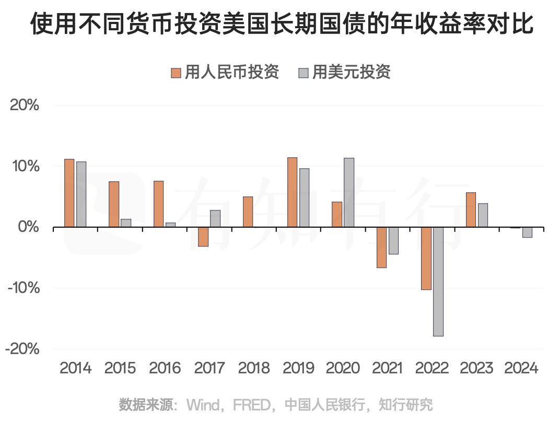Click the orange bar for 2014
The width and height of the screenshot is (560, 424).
(x=69, y=193)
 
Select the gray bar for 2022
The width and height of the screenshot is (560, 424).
(x=438, y=281)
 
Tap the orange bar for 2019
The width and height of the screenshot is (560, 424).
(x=292, y=192)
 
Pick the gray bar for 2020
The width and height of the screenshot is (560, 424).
(x=349, y=193)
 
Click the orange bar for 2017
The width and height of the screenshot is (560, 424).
(x=203, y=237)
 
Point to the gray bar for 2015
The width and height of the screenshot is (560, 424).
(x=126, y=223)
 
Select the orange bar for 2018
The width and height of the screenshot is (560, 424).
(x=248, y=212)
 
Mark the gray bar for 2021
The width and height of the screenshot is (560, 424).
(x=393, y=241)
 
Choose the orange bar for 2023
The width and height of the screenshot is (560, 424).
(x=471, y=210)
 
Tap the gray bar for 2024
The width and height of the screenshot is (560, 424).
(x=527, y=232)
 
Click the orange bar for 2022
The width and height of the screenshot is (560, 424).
(x=426, y=258)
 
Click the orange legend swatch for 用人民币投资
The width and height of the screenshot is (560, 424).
(x=176, y=73)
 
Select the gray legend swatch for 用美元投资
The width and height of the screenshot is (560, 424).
(x=304, y=73)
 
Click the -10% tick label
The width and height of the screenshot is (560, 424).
(x=22, y=288)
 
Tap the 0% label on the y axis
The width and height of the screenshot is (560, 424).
(x=29, y=227)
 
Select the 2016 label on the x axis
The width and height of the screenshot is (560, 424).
(x=165, y=368)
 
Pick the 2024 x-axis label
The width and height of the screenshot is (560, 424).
(x=521, y=368)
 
